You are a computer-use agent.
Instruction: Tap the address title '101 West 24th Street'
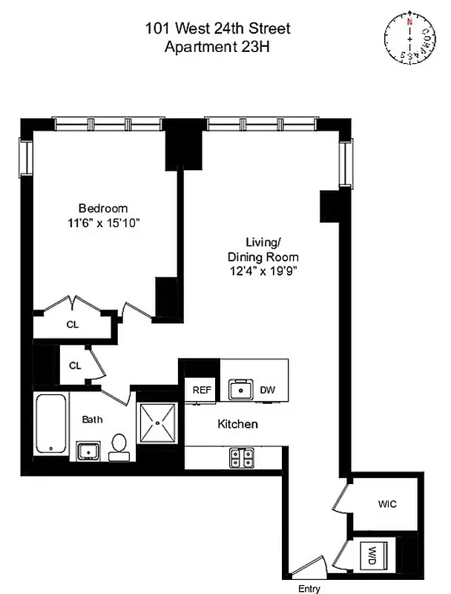tap(219, 29)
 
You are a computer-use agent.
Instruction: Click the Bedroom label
tap(103, 208)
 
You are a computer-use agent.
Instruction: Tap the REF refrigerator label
tap(203, 390)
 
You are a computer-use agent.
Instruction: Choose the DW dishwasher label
tap(266, 390)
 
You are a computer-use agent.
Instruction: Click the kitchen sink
tap(240, 389)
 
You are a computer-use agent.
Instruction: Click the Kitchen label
tap(237, 425)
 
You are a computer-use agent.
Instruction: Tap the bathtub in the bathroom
tap(51, 424)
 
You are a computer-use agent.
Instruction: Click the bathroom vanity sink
tap(89, 450)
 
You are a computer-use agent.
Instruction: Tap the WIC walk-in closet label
tap(387, 504)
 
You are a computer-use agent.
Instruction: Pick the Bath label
tap(92, 420)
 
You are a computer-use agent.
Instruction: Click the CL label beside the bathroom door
tap(75, 365)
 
